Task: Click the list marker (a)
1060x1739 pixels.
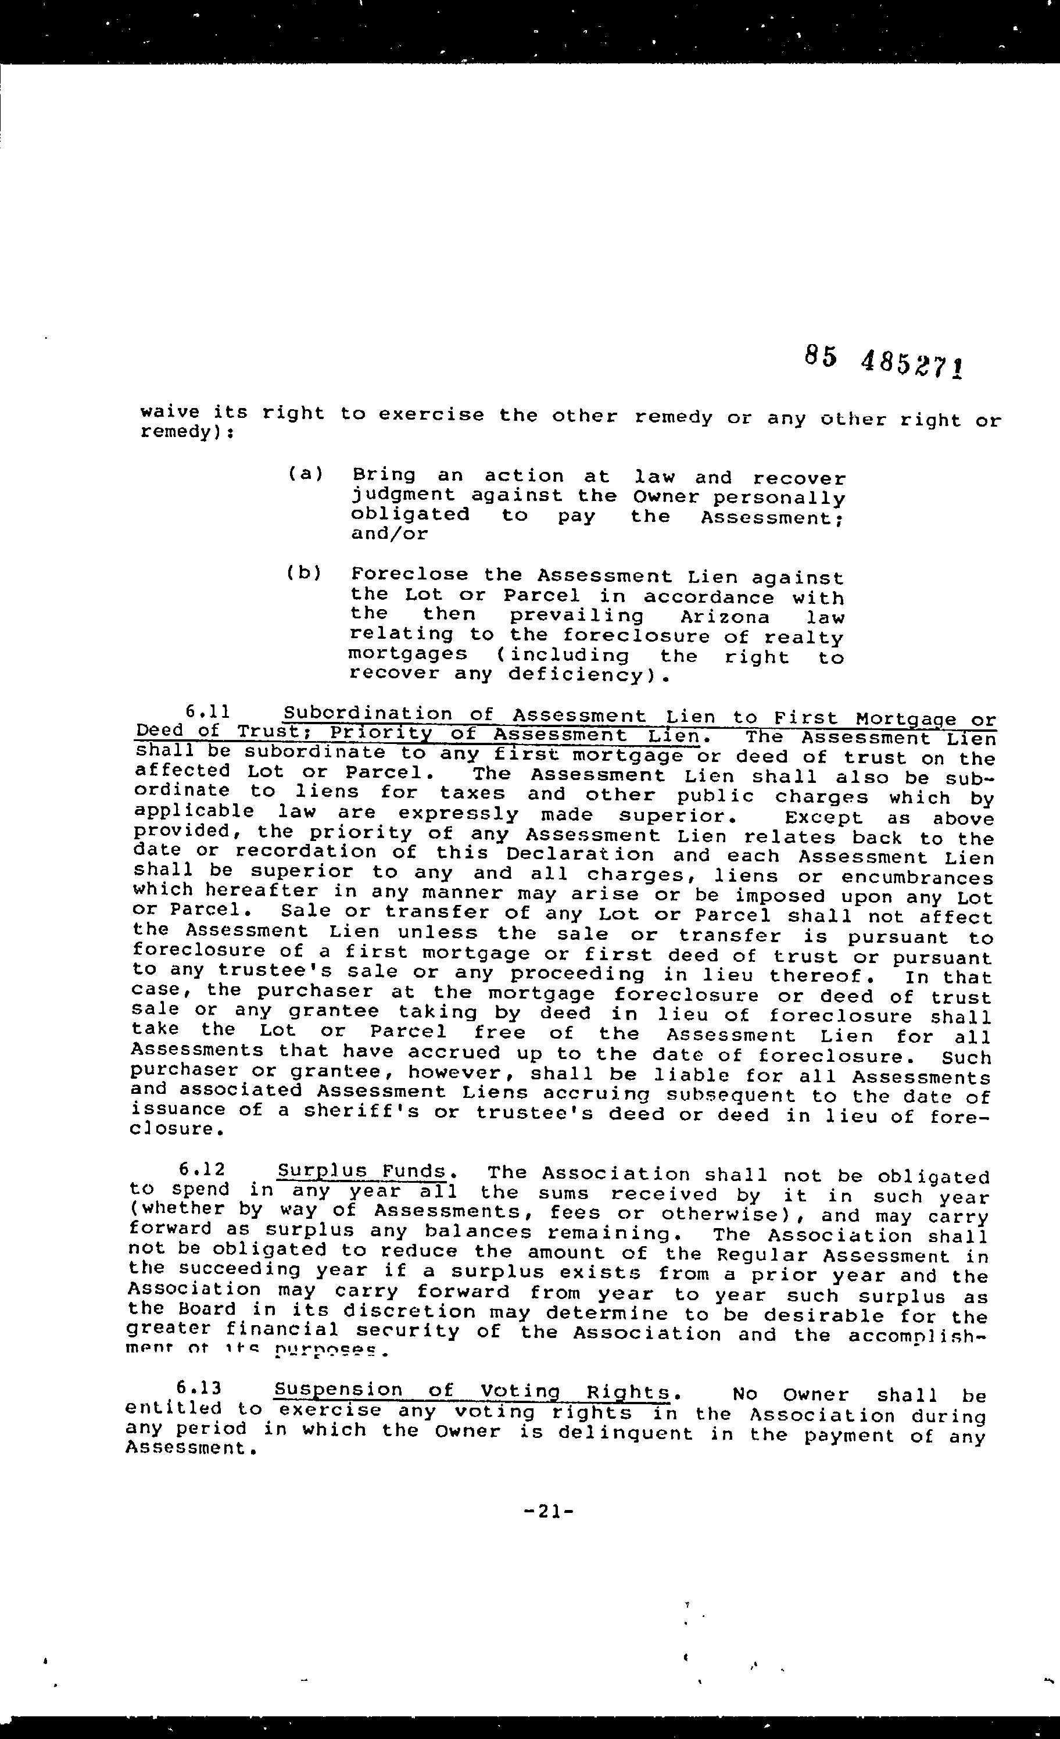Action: click(305, 474)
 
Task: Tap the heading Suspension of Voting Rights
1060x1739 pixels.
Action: click(471, 1390)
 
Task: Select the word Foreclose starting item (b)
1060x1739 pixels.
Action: click(409, 575)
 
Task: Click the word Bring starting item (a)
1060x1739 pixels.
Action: click(384, 475)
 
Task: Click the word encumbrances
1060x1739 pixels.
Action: click(916, 878)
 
